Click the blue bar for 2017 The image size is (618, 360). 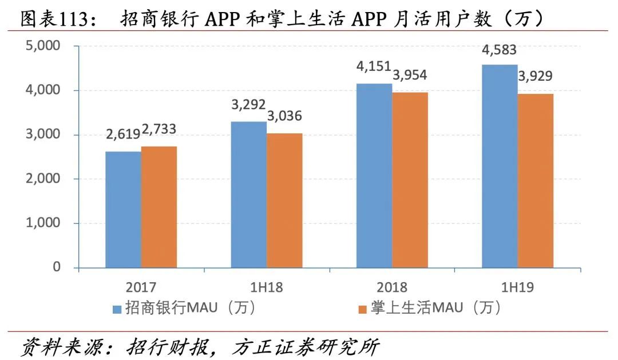click(x=123, y=209)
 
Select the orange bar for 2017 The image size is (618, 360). click(x=159, y=207)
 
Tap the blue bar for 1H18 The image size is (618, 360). click(x=248, y=195)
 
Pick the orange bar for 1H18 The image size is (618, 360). click(x=284, y=200)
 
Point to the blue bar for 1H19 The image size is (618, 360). click(x=500, y=166)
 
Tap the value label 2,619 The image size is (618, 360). click(x=123, y=134)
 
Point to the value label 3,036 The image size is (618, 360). click(x=284, y=117)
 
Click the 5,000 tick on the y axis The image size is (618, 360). click(x=43, y=46)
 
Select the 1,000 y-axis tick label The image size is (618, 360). click(x=43, y=223)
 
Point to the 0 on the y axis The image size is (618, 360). click(x=56, y=267)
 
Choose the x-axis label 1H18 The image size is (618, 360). click(x=267, y=287)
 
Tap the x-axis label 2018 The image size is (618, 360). click(x=392, y=287)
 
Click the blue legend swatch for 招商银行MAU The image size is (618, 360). click(x=117, y=309)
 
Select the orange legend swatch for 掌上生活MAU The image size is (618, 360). click(x=362, y=309)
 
